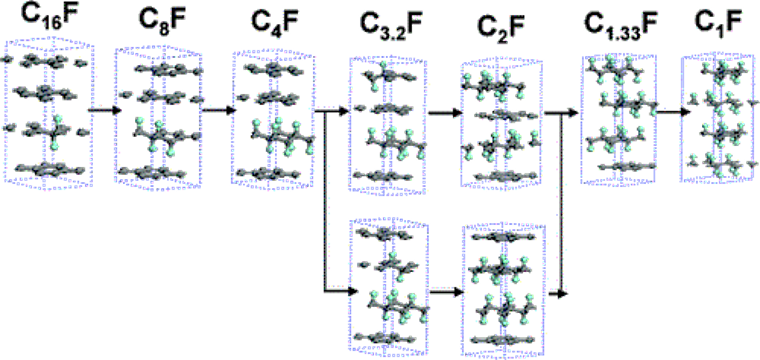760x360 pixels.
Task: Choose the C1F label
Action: tap(712, 21)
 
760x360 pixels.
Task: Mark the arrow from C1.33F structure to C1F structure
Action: tap(665, 112)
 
